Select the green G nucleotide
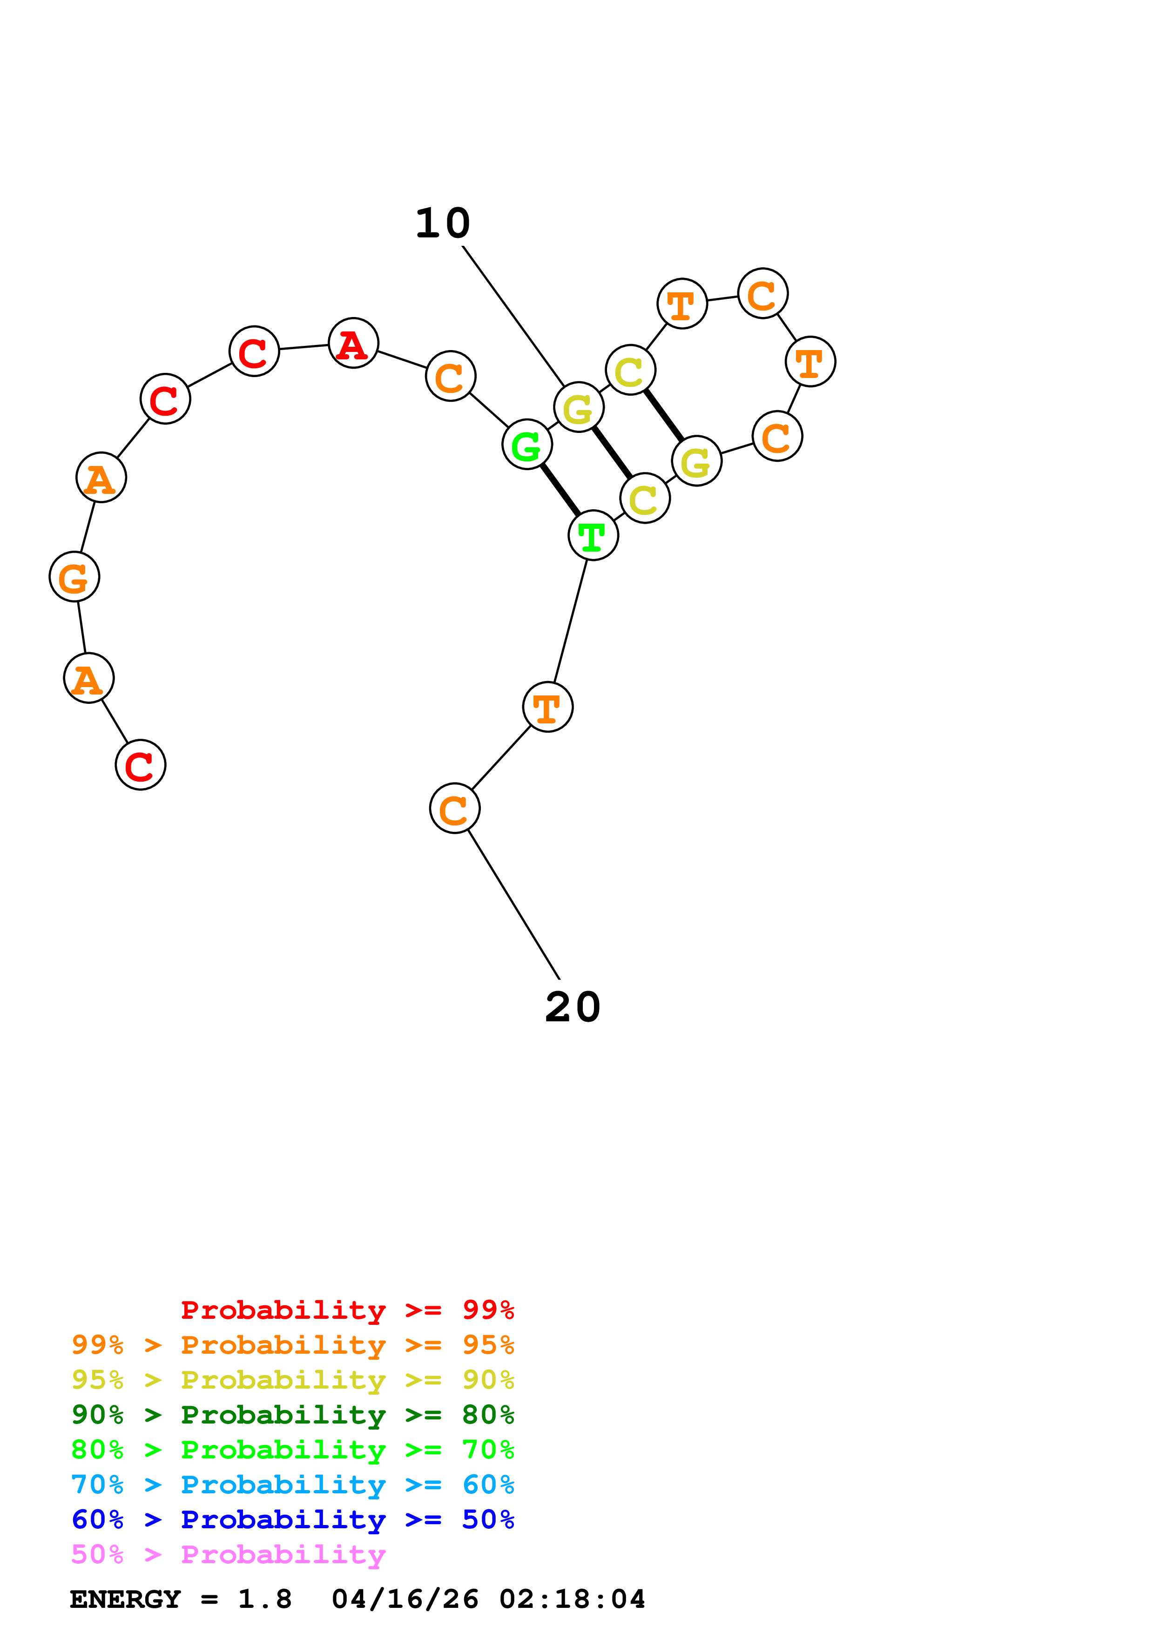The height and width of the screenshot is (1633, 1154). pos(527,445)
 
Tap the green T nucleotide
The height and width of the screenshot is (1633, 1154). pos(593,535)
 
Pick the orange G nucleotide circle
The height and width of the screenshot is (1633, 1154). pos(74,576)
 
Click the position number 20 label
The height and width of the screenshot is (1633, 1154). pos(573,1007)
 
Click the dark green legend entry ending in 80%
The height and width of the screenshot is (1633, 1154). pos(292,1415)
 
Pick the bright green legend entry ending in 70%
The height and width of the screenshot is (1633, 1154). pos(292,1450)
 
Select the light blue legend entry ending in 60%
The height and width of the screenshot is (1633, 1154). pos(292,1485)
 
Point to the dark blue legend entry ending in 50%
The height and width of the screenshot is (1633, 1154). pos(292,1519)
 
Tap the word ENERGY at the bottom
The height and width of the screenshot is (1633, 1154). pos(125,1599)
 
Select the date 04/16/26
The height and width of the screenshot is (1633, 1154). pos(405,1599)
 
